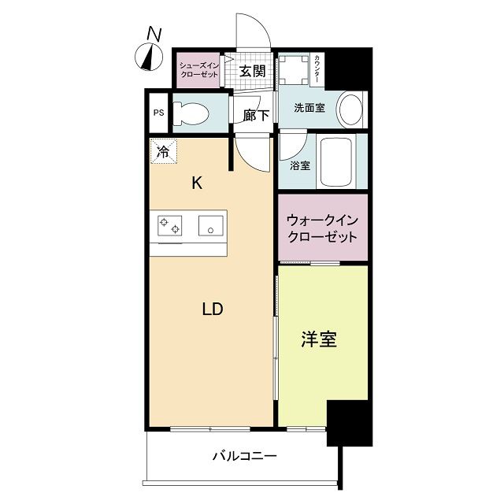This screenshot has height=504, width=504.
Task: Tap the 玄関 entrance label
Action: tap(251, 71)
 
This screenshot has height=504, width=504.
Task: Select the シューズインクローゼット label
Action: tap(198, 69)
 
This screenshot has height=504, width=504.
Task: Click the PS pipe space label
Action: tap(158, 112)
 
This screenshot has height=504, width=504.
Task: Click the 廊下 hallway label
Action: tap(256, 116)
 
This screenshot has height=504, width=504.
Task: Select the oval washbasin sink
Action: tap(350, 109)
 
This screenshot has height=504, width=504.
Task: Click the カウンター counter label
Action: tap(317, 69)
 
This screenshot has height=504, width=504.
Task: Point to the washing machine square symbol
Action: tap(293, 72)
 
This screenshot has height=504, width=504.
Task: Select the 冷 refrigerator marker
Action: tap(163, 150)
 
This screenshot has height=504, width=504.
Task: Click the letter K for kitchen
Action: tap(198, 183)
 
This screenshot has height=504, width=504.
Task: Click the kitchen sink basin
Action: tap(211, 226)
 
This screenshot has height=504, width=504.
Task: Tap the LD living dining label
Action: tap(213, 309)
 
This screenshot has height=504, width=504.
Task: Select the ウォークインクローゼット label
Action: tap(322, 228)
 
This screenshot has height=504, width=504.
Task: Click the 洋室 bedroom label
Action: tap(319, 340)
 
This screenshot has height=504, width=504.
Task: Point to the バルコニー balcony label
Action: tap(244, 456)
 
